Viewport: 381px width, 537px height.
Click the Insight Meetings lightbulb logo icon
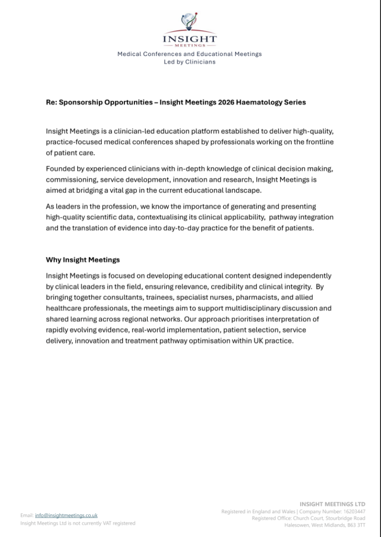click(190, 21)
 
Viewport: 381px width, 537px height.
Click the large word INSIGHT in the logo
click(190, 39)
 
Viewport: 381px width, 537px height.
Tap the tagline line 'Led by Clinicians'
click(190, 62)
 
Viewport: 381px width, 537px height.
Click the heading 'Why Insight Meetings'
click(83, 260)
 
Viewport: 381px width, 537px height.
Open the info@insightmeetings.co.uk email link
click(66, 515)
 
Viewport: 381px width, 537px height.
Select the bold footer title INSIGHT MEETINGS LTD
click(332, 504)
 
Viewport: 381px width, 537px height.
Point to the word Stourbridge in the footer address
click(335, 518)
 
